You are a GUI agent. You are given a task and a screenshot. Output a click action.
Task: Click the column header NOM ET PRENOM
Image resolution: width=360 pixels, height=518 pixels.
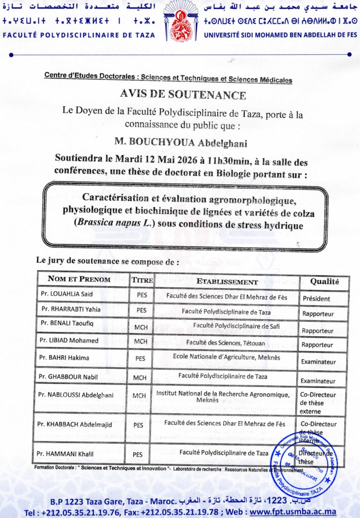pyautogui.click(x=79, y=279)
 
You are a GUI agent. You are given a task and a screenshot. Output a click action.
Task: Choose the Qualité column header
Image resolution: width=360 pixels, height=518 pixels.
pyautogui.click(x=324, y=281)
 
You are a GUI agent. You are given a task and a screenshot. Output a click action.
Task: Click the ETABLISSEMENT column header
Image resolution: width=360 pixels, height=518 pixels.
pyautogui.click(x=227, y=282)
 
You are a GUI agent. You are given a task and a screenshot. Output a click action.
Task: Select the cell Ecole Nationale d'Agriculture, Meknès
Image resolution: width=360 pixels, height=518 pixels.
pyautogui.click(x=226, y=357)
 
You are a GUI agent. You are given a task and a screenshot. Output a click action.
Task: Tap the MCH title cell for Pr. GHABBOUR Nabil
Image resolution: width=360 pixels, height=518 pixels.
pyautogui.click(x=140, y=377)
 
